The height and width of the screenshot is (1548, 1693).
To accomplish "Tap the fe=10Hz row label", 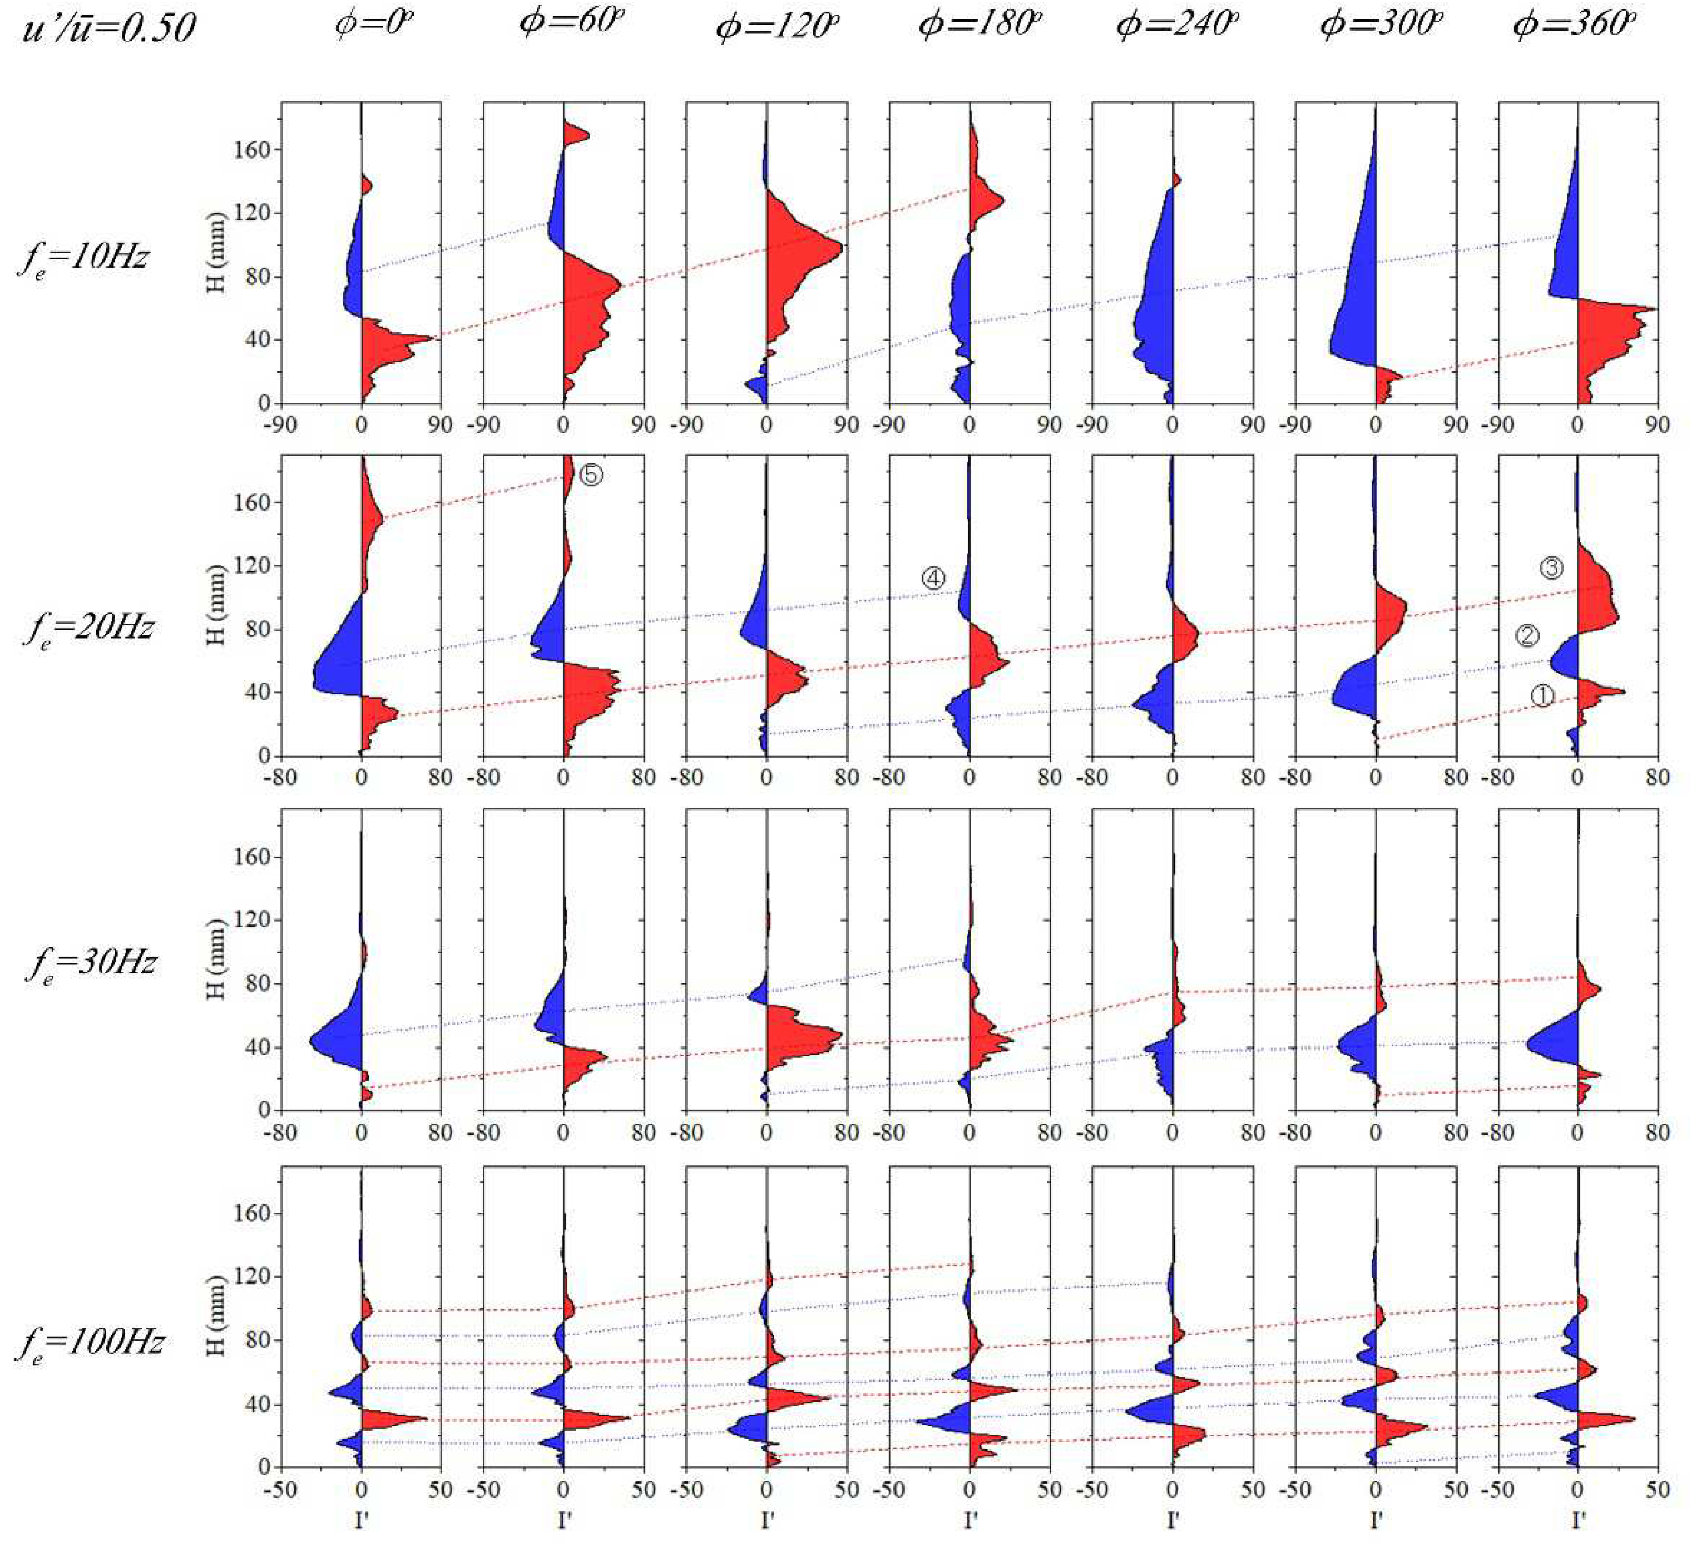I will pyautogui.click(x=84, y=254).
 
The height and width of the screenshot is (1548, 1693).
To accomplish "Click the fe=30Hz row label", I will pyautogui.click(x=91, y=962).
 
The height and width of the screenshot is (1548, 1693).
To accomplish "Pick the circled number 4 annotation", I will pyautogui.click(x=933, y=578).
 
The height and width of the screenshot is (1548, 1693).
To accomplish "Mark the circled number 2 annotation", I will pyautogui.click(x=1527, y=636).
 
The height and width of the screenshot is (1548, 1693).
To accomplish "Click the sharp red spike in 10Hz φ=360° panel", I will pyautogui.click(x=1652, y=309).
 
